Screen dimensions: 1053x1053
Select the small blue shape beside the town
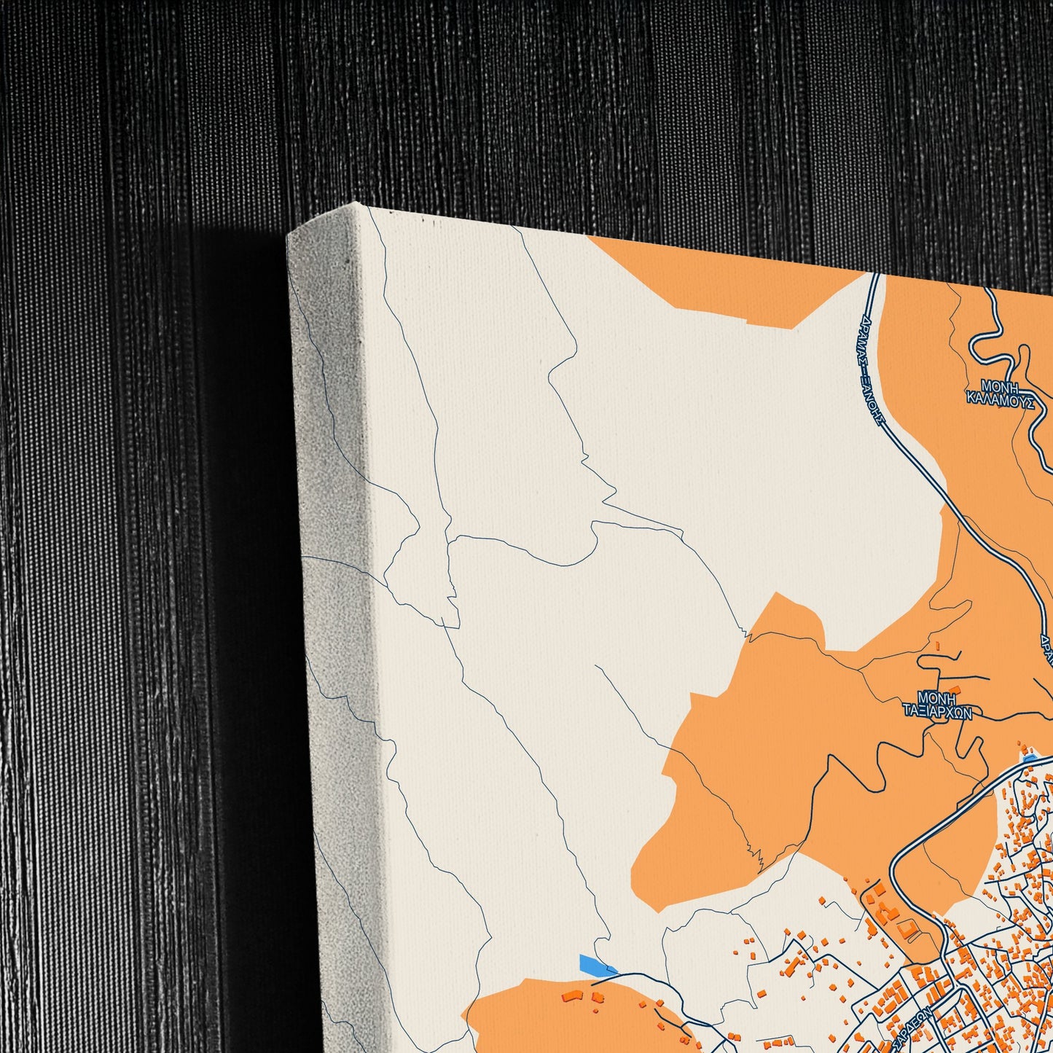pos(1028,760)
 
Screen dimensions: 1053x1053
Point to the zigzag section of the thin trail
pos(756,857)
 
